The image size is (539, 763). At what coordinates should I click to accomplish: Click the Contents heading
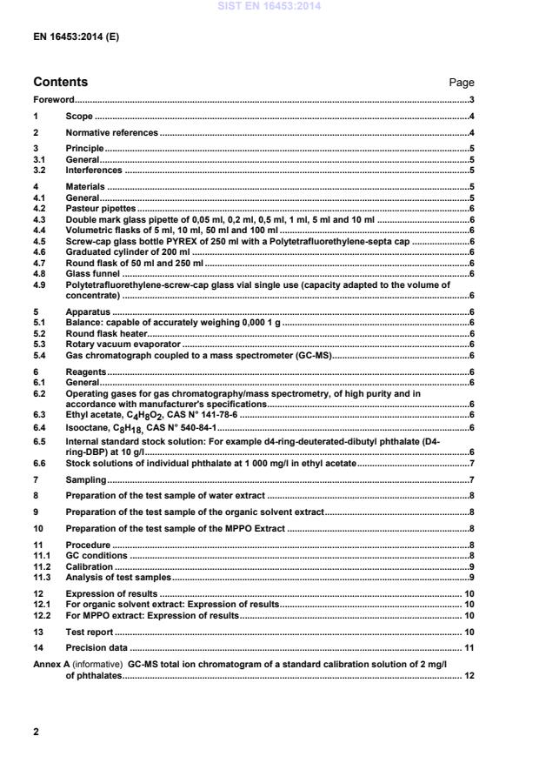pyautogui.click(x=64, y=83)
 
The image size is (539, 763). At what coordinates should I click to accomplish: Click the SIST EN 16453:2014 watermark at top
pyautogui.click(x=269, y=7)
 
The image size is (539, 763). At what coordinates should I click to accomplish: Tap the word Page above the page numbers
pyautogui.click(x=461, y=84)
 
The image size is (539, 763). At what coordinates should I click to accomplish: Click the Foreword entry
pyautogui.click(x=54, y=100)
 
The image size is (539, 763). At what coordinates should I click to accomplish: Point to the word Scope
pyautogui.click(x=80, y=116)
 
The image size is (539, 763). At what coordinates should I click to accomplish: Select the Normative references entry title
pyautogui.click(x=112, y=132)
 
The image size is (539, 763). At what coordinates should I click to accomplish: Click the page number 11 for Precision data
pyautogui.click(x=469, y=647)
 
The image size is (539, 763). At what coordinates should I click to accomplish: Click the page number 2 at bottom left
pyautogui.click(x=36, y=732)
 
